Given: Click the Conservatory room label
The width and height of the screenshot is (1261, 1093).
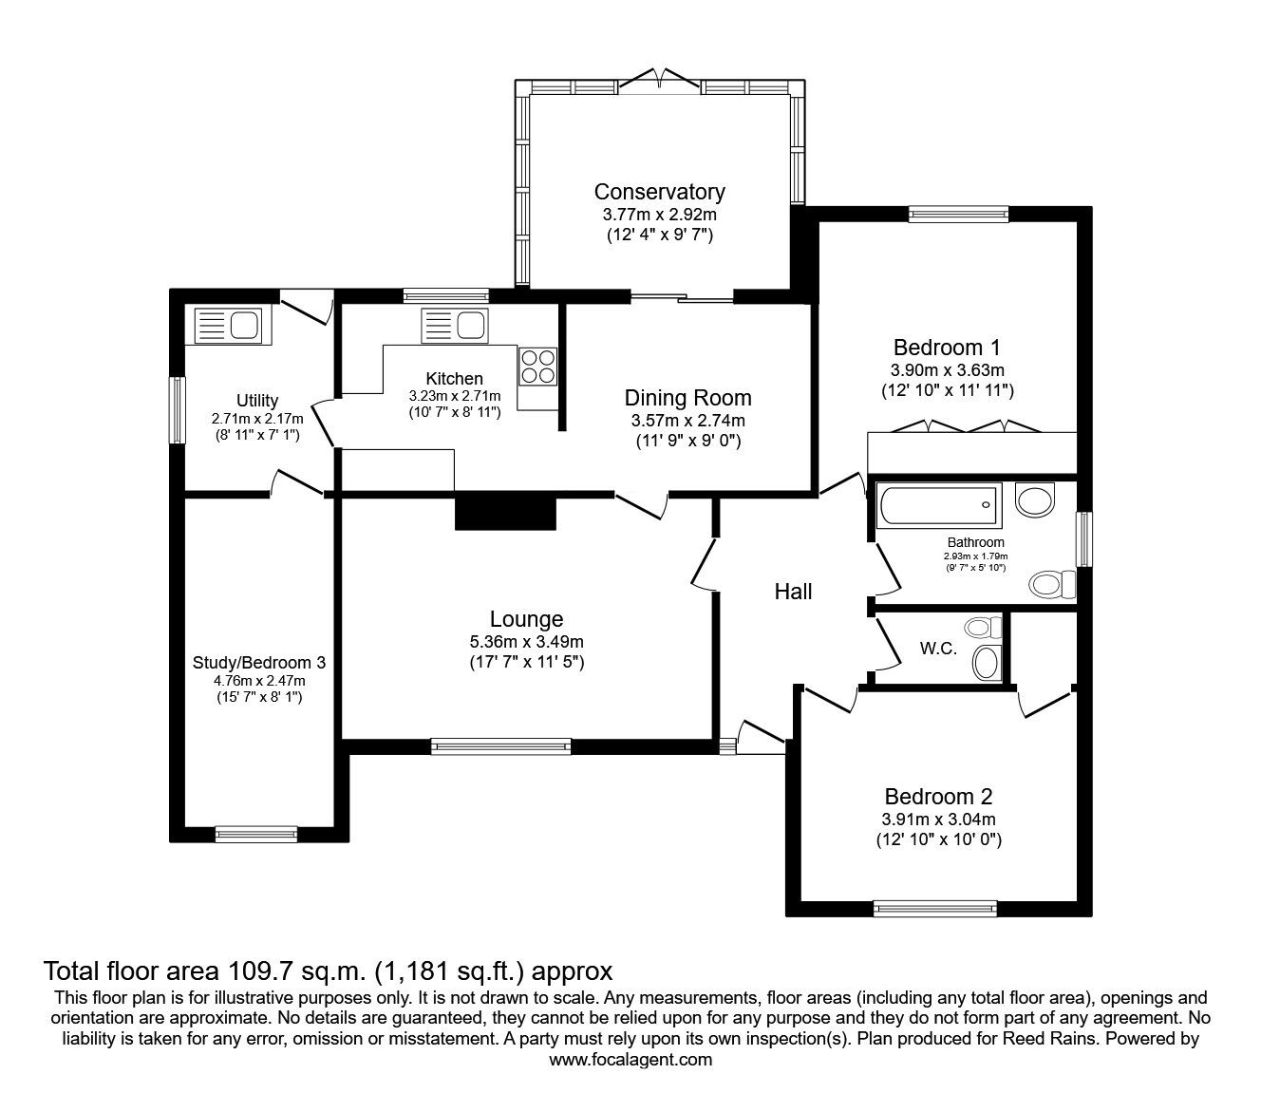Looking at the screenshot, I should tap(659, 192).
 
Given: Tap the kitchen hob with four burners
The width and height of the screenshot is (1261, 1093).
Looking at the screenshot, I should tap(537, 366).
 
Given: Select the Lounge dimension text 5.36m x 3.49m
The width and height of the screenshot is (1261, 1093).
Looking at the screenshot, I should tap(526, 642).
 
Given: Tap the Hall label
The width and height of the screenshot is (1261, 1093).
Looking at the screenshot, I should tap(793, 592).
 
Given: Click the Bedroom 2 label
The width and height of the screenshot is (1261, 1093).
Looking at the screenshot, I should tap(938, 797).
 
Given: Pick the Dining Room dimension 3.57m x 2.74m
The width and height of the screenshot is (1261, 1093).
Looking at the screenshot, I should tap(687, 421).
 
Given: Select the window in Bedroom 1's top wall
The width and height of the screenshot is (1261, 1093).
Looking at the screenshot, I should tap(957, 215).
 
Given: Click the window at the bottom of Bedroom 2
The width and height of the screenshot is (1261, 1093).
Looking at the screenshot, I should tap(935, 909).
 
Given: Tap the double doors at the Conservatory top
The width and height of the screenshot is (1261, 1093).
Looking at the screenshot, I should tap(660, 80).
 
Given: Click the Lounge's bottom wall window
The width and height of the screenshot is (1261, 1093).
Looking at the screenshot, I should tap(501, 746).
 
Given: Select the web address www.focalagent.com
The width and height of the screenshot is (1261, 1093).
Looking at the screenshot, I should tap(630, 1060).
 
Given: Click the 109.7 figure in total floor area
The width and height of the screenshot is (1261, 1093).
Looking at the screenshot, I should tap(259, 971).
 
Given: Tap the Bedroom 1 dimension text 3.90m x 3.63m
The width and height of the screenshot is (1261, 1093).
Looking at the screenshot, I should tap(948, 369).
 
